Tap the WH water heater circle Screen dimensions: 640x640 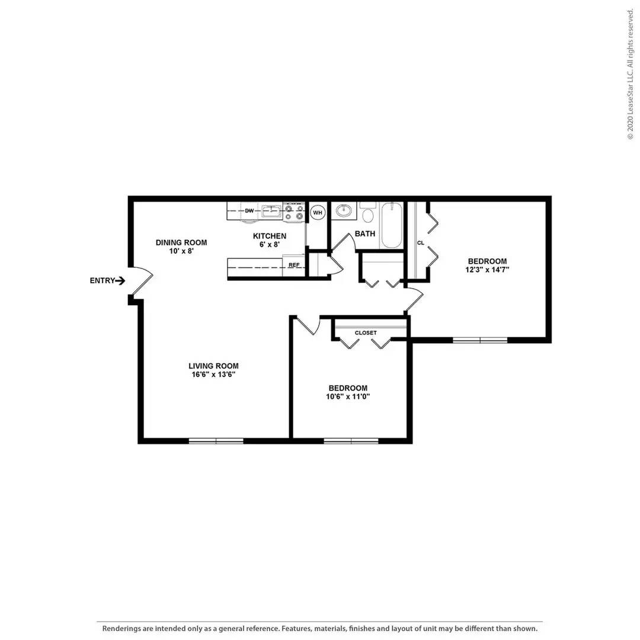click(x=318, y=212)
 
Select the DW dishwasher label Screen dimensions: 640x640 click(x=249, y=210)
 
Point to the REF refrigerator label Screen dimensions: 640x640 click(x=293, y=265)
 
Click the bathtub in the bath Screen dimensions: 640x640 click(x=392, y=225)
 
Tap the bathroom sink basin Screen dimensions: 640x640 click(x=343, y=210)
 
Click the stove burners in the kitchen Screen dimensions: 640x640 click(x=294, y=213)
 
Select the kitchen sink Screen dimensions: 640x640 click(x=273, y=210)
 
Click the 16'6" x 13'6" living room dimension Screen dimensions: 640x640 click(x=213, y=375)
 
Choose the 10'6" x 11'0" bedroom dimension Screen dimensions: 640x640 click(x=348, y=397)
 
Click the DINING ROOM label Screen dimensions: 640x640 click(x=181, y=242)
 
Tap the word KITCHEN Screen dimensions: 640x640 click(x=270, y=236)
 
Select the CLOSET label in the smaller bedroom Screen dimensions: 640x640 click(x=366, y=333)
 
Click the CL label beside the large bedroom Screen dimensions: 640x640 click(x=420, y=243)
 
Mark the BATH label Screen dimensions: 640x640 click(x=365, y=233)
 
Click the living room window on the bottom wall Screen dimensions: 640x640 click(x=216, y=440)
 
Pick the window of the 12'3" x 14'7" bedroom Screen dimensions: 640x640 click(x=480, y=340)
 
